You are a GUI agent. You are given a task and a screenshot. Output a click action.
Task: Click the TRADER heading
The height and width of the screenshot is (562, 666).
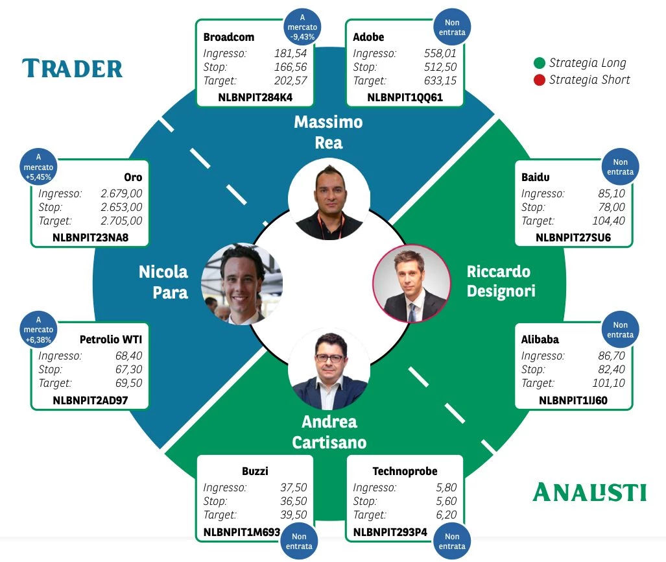72,68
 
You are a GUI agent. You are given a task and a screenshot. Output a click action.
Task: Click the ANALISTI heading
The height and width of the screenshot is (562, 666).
589,493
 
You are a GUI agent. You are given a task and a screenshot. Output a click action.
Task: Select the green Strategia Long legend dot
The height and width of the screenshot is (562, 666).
540,64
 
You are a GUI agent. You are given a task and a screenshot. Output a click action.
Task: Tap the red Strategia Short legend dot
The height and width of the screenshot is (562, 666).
540,80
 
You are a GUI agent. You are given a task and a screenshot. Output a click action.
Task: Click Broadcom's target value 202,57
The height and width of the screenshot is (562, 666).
290,80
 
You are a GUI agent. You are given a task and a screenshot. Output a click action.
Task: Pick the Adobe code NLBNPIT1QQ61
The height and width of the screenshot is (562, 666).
405,97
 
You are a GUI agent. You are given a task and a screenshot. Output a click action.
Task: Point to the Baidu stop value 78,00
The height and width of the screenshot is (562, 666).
612,207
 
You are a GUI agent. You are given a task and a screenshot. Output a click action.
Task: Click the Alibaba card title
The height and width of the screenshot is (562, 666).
540,339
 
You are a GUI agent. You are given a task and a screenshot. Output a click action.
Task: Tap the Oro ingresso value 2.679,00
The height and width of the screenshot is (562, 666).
121,193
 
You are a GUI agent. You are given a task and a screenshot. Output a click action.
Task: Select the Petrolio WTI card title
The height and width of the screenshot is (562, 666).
111,339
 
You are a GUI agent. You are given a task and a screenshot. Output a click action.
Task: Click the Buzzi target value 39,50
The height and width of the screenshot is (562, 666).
294,515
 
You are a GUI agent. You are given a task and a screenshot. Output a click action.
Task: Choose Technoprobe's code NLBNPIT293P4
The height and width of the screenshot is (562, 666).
390,532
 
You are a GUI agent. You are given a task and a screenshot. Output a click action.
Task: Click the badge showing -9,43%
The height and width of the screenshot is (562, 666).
302,27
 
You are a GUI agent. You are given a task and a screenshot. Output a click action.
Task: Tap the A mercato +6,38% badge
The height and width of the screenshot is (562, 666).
38,330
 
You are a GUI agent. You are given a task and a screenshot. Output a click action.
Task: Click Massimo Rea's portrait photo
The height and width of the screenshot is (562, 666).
329,199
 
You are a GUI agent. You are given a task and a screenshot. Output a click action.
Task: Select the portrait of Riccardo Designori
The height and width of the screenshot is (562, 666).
412,284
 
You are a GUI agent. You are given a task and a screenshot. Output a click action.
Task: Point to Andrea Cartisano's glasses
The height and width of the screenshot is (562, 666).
329,358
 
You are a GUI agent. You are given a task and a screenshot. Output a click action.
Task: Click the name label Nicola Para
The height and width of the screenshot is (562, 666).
163,282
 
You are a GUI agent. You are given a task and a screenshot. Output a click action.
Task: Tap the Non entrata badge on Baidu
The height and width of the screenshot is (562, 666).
620,167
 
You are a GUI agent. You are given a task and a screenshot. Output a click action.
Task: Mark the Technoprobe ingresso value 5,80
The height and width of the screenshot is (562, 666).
446,487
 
